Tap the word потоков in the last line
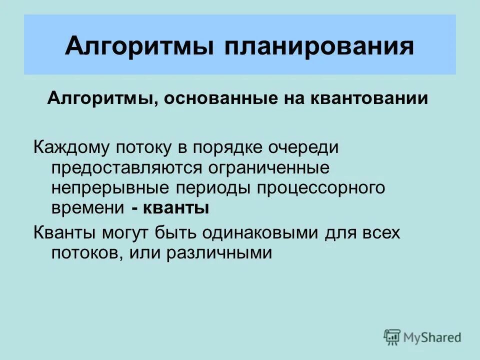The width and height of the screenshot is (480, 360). (x=85, y=253)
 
